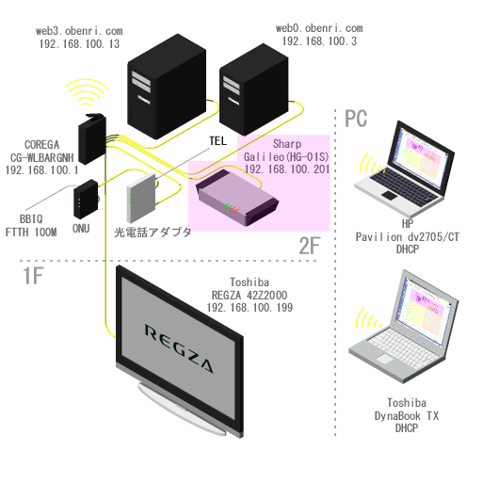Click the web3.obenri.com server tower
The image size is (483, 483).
(x=167, y=87)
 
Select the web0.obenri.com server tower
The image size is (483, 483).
(x=253, y=90)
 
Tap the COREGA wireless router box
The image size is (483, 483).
(x=91, y=138)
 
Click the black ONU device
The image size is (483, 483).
(x=86, y=200)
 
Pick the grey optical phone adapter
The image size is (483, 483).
(x=141, y=198)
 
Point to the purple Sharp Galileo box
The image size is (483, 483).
(x=237, y=197)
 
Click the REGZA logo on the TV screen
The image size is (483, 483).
(x=179, y=348)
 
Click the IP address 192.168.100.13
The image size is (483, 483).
(x=79, y=44)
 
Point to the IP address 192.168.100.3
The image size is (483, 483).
(x=319, y=41)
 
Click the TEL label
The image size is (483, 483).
(x=217, y=141)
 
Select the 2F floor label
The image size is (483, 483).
(x=309, y=246)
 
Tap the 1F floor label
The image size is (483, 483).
(x=33, y=276)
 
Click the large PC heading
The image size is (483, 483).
(x=356, y=119)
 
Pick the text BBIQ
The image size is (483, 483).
(x=31, y=218)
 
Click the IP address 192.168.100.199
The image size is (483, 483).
(x=250, y=308)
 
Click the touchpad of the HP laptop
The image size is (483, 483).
(x=390, y=195)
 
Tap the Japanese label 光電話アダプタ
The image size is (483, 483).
(x=153, y=233)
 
